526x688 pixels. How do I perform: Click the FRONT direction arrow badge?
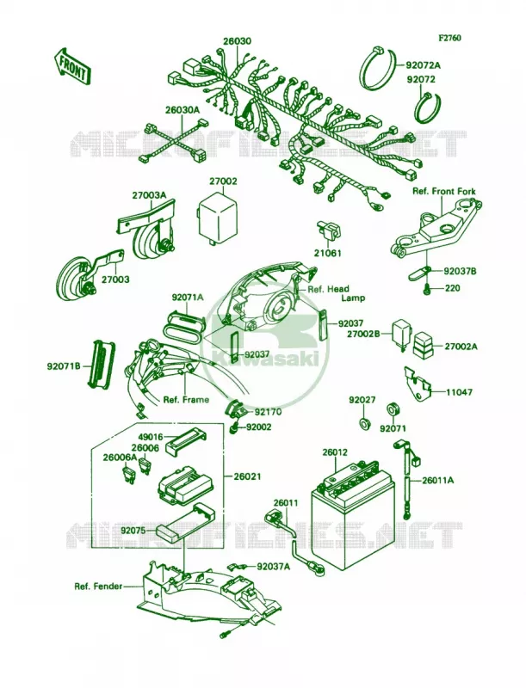click(73, 66)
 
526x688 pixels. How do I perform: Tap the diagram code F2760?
click(449, 39)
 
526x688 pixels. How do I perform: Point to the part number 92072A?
click(424, 64)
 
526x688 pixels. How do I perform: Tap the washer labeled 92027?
click(363, 423)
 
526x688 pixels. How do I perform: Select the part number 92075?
click(133, 531)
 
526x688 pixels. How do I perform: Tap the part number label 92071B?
click(64, 366)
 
